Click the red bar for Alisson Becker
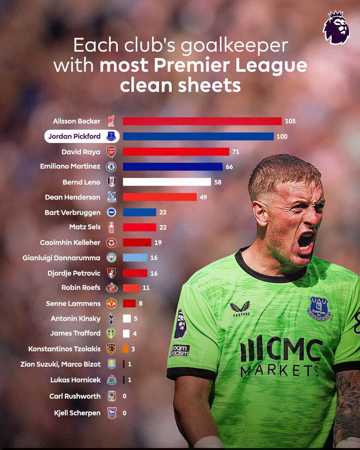coord(202,121)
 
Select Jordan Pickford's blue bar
coord(198,136)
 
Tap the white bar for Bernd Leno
coord(167,182)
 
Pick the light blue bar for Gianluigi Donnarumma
coord(135,258)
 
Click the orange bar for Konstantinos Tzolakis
coord(126,349)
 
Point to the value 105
coord(290,121)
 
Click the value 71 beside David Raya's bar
coord(235,151)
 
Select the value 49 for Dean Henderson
coord(203,197)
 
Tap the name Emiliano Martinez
coord(70,166)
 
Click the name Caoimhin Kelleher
coord(70,243)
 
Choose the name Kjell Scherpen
coord(77,413)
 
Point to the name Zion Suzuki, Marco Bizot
coord(60,364)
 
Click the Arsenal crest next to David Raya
coord(111,152)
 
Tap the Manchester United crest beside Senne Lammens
coord(111,303)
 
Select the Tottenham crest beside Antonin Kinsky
coord(111,318)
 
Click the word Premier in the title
coord(192,66)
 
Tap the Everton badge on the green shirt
coord(319,309)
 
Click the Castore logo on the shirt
coord(241,309)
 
